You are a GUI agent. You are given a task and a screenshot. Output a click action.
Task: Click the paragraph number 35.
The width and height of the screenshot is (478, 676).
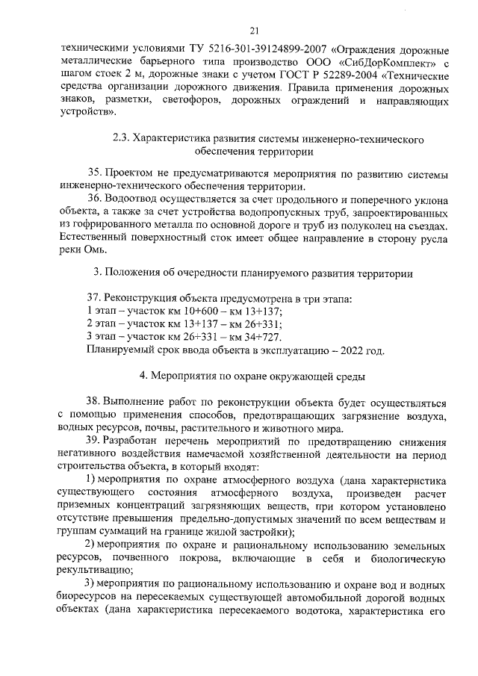click(95, 174)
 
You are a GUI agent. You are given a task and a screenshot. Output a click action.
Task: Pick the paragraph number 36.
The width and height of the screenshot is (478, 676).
click(95, 199)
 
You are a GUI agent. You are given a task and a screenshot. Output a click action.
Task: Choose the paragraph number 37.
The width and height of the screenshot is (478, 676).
click(95, 298)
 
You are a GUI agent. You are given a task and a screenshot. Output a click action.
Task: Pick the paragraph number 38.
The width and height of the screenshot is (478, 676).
click(95, 403)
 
